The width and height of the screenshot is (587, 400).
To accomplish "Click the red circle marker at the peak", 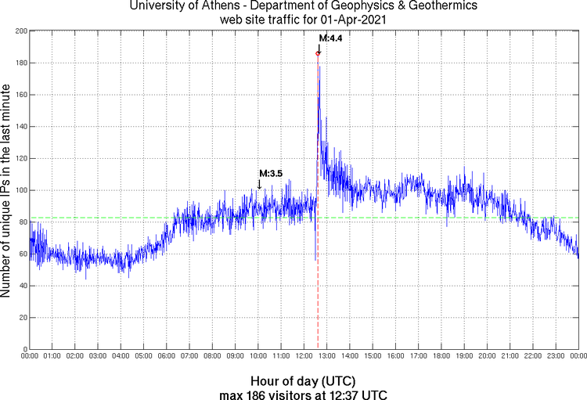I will click(318, 53).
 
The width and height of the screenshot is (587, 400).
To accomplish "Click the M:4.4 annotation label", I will click(329, 38).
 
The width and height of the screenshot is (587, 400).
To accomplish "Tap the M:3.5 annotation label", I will click(271, 173).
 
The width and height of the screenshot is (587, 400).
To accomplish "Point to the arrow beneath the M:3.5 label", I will click(259, 184).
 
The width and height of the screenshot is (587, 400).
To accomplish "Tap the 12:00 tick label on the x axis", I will click(304, 356).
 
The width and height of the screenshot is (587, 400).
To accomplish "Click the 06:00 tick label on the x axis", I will click(167, 356).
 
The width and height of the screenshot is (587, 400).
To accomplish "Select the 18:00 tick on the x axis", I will click(441, 356).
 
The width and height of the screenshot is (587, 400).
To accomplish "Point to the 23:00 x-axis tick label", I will click(556, 356).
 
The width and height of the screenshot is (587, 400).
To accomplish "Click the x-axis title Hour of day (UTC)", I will click(304, 380).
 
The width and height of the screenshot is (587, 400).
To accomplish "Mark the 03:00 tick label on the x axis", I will click(98, 356).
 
